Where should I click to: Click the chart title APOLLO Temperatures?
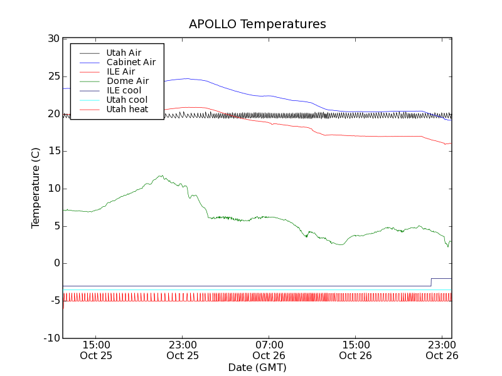[257, 24]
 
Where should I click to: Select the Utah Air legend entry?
[124, 53]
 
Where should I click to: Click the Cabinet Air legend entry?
[131, 62]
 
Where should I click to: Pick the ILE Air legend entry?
[120, 71]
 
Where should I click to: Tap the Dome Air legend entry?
[127, 81]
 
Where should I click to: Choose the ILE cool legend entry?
[124, 90]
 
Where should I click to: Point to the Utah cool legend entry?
[127, 100]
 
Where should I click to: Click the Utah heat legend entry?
[127, 109]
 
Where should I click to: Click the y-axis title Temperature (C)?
[36, 188]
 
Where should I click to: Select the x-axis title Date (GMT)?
[257, 367]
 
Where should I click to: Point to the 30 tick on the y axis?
[53, 39]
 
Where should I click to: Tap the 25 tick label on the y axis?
[53, 76]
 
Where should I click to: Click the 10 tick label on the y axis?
[53, 189]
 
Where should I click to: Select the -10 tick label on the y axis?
[51, 338]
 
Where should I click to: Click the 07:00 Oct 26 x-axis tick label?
[269, 350]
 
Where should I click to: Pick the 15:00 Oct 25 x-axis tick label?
[95, 350]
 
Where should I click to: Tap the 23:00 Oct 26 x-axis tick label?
[442, 350]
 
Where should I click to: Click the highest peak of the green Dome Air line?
[161, 175]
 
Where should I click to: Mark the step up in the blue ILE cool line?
[431, 282]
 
